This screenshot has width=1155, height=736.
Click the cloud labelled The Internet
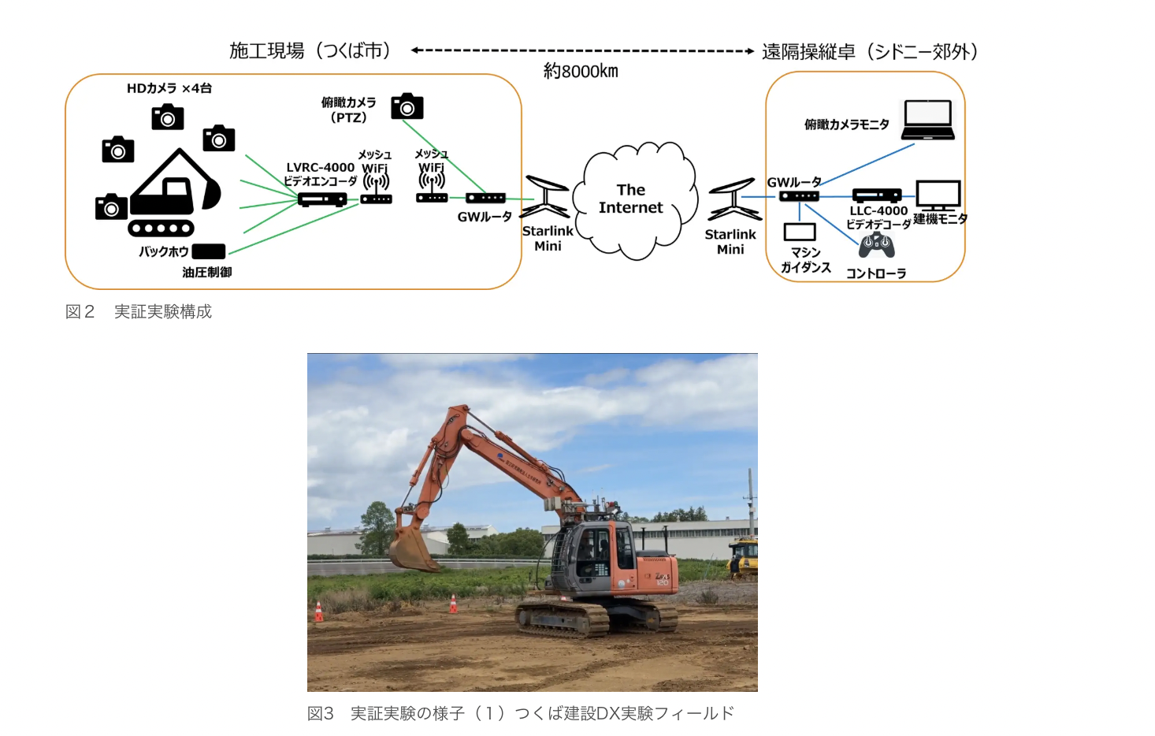(x=635, y=201)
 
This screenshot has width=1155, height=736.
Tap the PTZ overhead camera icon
(x=407, y=106)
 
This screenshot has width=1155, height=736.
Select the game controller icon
(x=876, y=245)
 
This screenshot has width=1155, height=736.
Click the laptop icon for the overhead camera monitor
(x=927, y=120)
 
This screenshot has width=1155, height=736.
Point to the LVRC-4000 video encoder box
(x=322, y=199)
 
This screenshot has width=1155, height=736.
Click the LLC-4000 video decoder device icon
(x=877, y=195)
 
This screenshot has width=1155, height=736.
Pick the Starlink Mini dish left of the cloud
(x=545, y=197)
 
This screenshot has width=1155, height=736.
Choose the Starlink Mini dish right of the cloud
(x=734, y=199)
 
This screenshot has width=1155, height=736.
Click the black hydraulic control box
(x=208, y=251)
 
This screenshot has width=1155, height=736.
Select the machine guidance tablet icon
(x=799, y=232)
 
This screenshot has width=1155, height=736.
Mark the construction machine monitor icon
(x=938, y=195)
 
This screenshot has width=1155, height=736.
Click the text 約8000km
(x=581, y=71)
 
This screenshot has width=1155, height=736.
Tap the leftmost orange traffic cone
(x=318, y=611)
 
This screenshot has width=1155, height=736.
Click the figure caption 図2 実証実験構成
(x=138, y=311)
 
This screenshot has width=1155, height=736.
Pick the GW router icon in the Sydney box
(x=799, y=196)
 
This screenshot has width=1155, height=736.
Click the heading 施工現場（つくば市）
(x=310, y=50)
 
